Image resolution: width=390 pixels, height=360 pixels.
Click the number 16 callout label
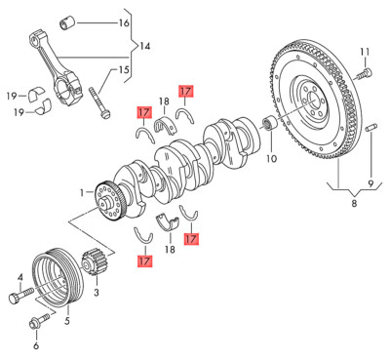coord(124,22)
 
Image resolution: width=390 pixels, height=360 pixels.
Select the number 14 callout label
coord(145,46)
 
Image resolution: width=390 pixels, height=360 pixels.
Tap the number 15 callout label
coord(124,69)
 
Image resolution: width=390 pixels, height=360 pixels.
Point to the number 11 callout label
coord(365,51)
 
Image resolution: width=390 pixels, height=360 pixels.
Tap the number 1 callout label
coord(83,192)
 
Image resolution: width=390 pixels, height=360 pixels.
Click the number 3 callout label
coord(97,292)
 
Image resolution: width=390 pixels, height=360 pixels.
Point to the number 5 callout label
coord(67,318)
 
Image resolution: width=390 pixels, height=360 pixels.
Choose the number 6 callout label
coord(37,345)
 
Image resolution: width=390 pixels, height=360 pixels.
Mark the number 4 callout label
coord(18,276)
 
